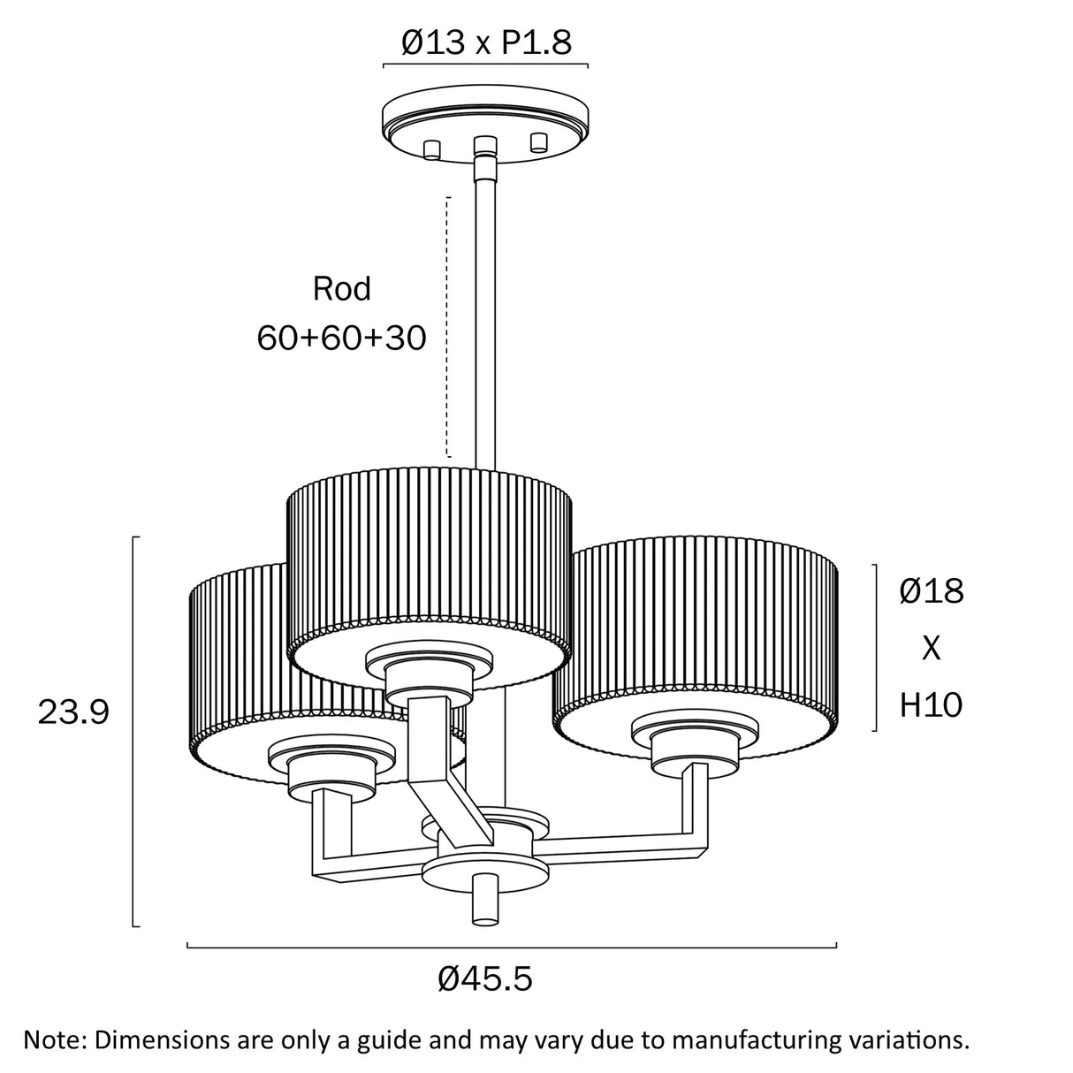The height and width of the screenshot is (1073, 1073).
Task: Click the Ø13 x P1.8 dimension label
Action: click(x=486, y=42)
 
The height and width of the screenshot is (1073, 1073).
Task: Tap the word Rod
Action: click(x=341, y=289)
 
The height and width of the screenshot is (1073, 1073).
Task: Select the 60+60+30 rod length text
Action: click(x=341, y=338)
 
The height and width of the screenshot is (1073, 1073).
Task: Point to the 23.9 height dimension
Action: click(x=73, y=711)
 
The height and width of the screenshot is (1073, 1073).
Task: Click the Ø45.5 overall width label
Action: click(x=485, y=978)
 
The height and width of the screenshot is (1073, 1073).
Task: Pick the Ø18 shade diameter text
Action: click(x=931, y=591)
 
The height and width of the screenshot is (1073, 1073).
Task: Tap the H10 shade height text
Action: click(x=931, y=704)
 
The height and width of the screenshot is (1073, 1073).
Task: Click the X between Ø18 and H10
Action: click(x=931, y=649)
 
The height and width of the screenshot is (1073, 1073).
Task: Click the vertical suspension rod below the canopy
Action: click(x=485, y=309)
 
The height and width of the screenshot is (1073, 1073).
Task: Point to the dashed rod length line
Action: click(x=448, y=327)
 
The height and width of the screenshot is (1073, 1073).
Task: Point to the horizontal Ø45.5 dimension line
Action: click(x=512, y=947)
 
